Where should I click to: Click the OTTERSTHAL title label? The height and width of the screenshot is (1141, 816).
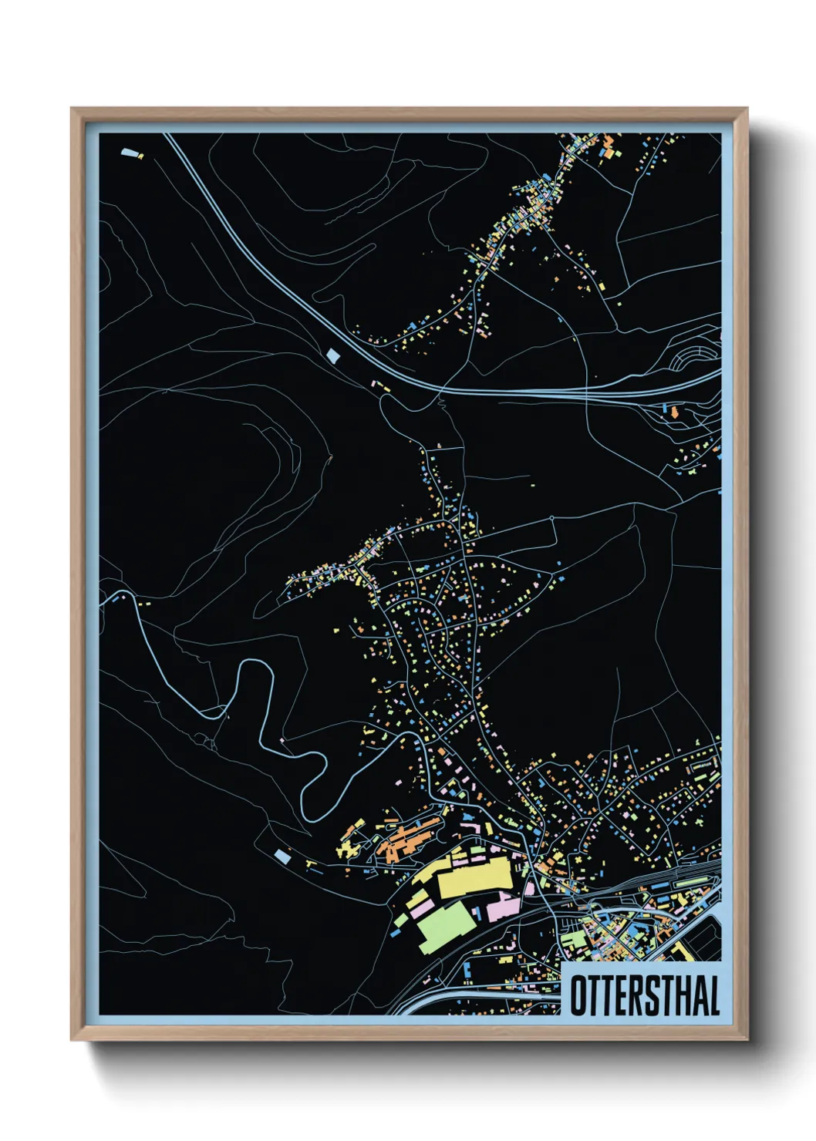(x=643, y=995)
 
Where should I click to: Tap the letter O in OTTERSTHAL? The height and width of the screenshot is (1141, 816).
(x=578, y=995)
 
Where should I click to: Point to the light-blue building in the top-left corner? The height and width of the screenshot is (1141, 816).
(x=130, y=153)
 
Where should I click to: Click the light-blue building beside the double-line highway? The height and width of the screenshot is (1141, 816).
(x=333, y=355)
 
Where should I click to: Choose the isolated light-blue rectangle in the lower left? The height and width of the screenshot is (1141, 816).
(x=283, y=856)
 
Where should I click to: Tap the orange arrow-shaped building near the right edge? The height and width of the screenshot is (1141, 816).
(x=676, y=412)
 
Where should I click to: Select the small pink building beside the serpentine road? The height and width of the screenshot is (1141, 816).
(x=282, y=740)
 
